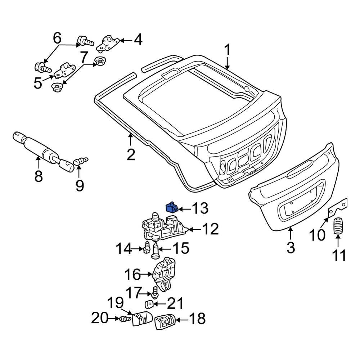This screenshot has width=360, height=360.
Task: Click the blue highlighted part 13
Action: [171, 208]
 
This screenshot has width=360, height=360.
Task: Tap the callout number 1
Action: [227, 50]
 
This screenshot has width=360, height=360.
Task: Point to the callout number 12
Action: [210, 229]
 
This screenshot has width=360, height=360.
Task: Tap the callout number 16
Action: [132, 274]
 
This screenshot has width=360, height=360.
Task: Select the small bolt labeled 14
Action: [147, 248]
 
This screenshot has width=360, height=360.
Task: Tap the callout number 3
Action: [291, 247]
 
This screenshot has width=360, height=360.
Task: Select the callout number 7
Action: [84, 57]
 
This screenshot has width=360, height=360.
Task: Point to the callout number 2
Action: [131, 155]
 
